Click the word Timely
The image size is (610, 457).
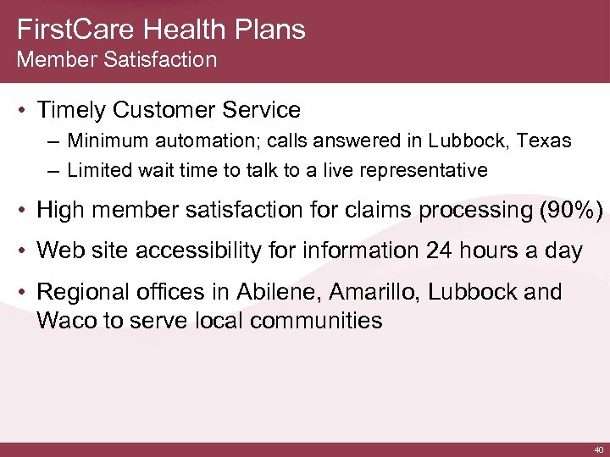[x=71, y=110]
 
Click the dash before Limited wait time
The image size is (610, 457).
[x=54, y=171]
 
